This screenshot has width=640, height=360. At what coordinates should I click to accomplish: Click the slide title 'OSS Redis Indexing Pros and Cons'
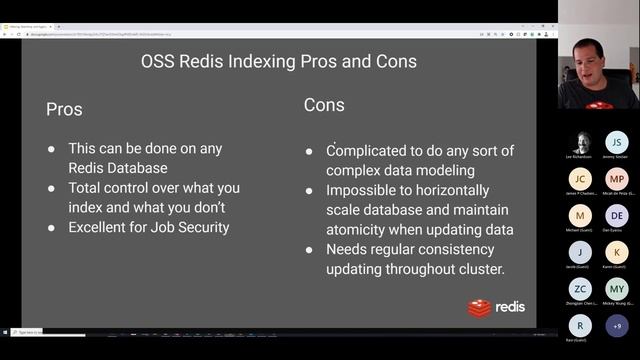(x=278, y=62)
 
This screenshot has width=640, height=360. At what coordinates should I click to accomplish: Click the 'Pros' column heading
(x=64, y=110)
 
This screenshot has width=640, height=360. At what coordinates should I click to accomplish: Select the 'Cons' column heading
(x=324, y=105)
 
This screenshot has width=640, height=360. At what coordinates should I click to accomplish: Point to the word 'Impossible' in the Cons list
(x=364, y=190)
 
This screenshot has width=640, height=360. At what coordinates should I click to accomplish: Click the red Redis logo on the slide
(x=481, y=307)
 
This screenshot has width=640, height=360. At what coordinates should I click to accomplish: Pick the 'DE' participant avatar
(x=617, y=215)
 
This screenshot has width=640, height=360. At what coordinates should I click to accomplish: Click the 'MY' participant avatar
(x=617, y=288)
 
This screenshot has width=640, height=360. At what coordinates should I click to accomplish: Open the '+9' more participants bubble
(x=617, y=325)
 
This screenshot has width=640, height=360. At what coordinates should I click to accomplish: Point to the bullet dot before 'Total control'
(x=52, y=188)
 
